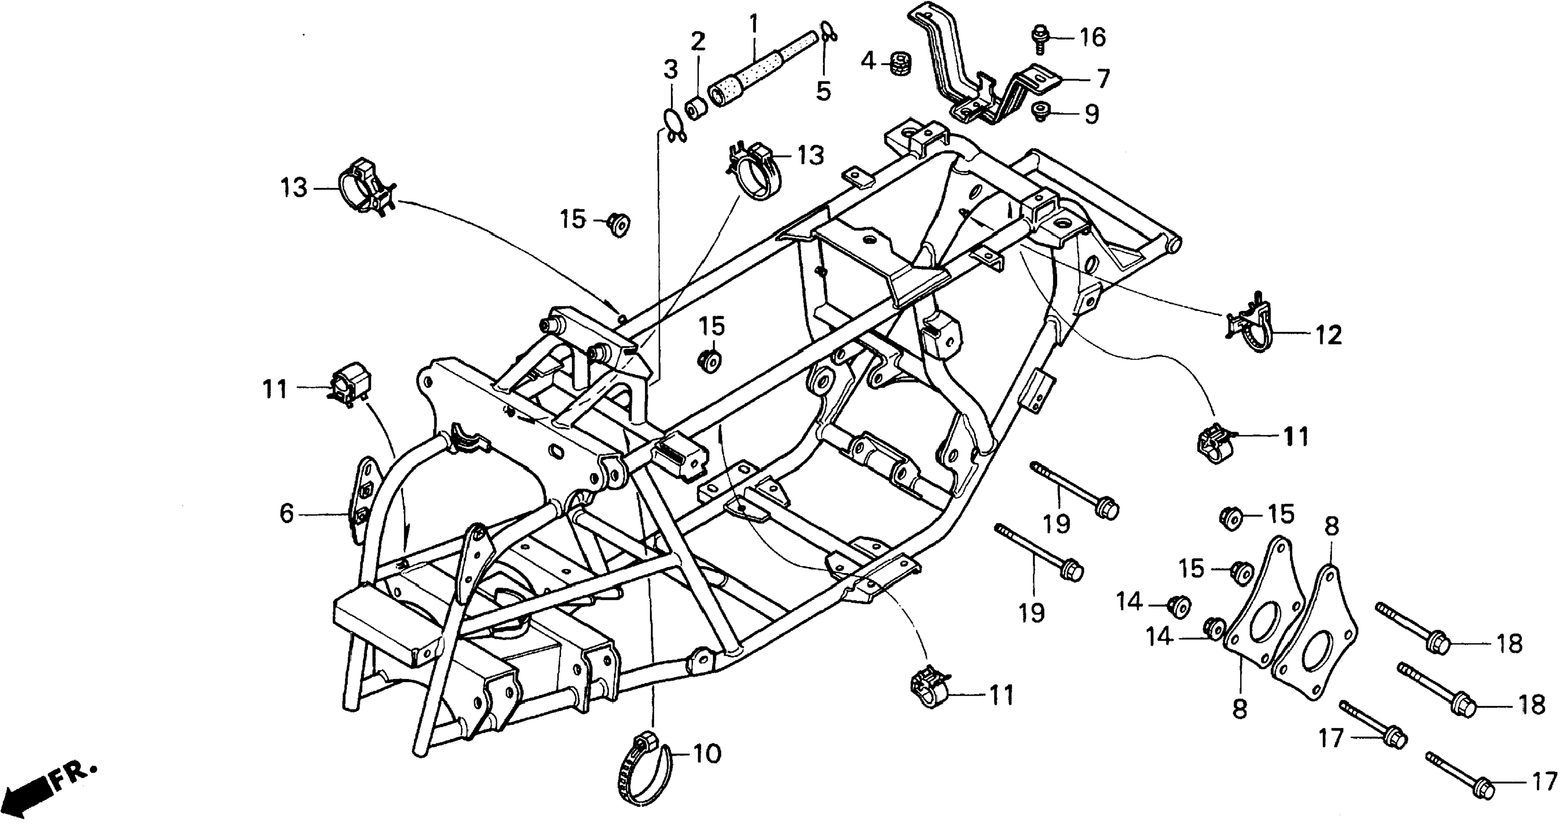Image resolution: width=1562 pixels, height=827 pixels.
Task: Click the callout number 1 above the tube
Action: click(754, 24)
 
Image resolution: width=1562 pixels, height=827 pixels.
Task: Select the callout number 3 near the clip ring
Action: click(670, 70)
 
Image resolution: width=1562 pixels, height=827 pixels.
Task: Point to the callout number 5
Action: click(823, 90)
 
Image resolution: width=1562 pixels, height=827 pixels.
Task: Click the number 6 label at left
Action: click(286, 513)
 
